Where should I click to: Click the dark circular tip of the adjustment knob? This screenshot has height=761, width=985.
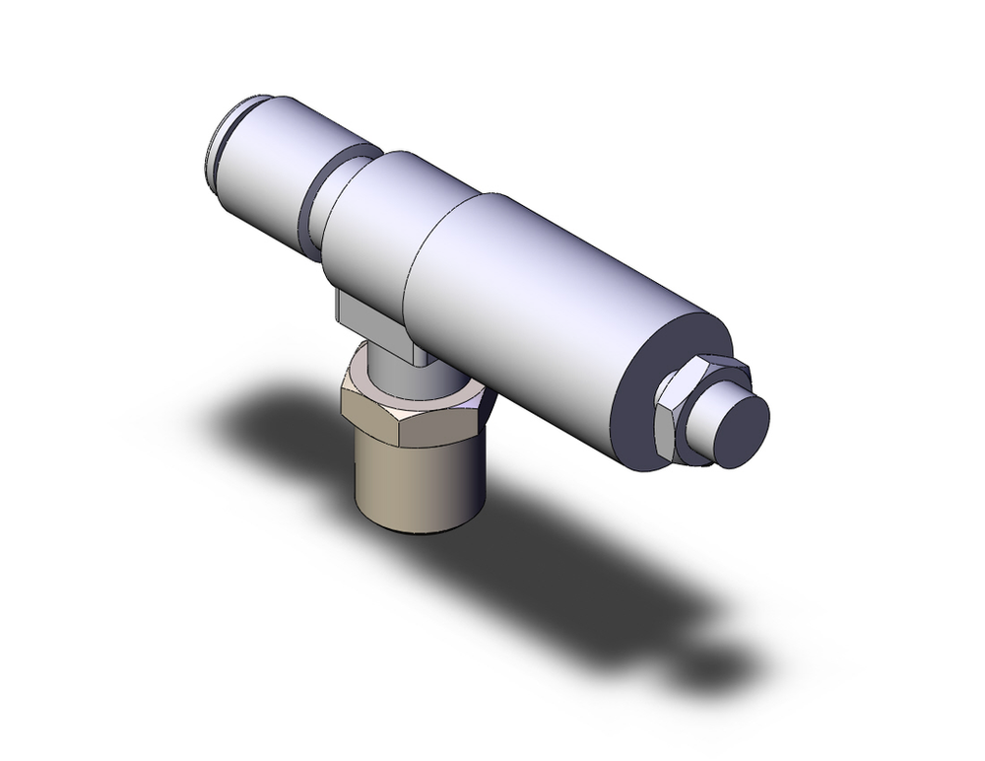tap(742, 430)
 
